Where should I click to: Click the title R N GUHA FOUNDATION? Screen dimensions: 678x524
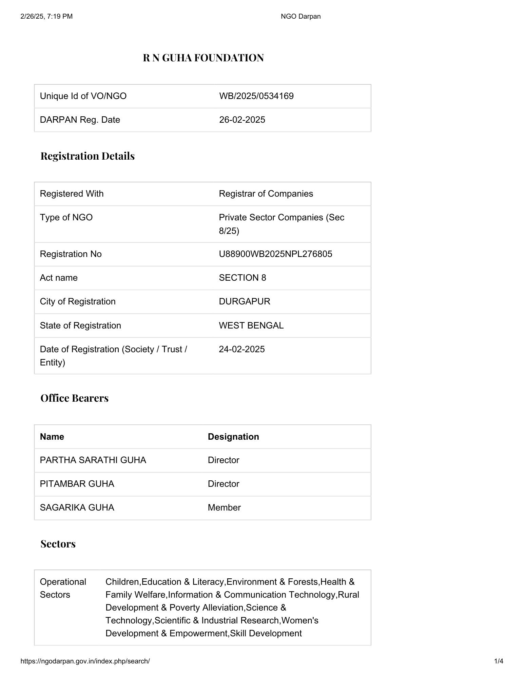click(203, 58)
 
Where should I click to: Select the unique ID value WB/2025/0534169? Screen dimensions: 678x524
click(256, 96)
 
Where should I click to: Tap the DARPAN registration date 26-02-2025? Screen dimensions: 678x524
click(242, 120)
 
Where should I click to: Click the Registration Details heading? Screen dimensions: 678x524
click(88, 156)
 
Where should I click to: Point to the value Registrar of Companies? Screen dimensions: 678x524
click(266, 194)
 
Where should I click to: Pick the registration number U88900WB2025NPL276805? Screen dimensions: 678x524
click(275, 254)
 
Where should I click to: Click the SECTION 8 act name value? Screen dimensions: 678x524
click(242, 278)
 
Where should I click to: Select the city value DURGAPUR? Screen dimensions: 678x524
click(244, 302)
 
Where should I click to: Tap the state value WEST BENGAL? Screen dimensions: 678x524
click(251, 325)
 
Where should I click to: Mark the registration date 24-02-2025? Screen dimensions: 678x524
click(241, 349)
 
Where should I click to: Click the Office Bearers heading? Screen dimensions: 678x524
click(74, 398)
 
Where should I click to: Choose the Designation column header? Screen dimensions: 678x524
click(233, 437)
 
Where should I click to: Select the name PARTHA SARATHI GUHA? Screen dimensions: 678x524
click(93, 460)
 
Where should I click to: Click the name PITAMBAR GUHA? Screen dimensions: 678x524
click(77, 484)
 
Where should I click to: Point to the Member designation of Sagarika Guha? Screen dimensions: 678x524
click(224, 508)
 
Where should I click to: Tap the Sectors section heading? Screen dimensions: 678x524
click(58, 544)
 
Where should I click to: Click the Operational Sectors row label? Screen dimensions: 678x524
click(63, 588)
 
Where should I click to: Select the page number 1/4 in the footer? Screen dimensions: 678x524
click(499, 661)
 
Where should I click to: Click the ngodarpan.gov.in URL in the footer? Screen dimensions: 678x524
click(85, 661)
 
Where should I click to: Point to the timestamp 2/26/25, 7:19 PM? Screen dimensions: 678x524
click(46, 16)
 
